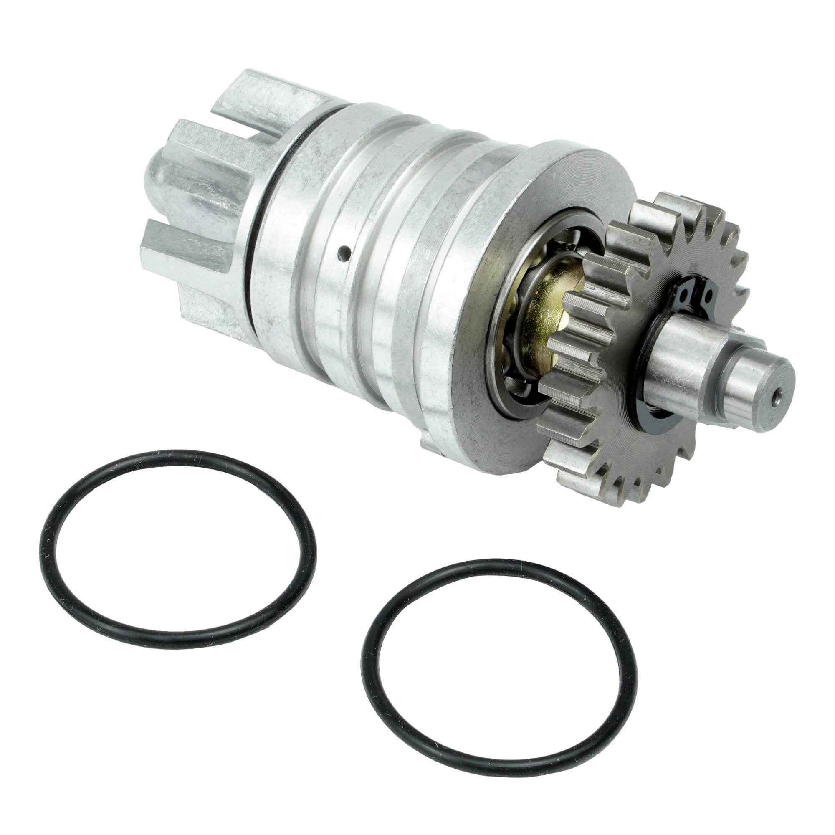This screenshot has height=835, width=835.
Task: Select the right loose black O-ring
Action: click(364, 648)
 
